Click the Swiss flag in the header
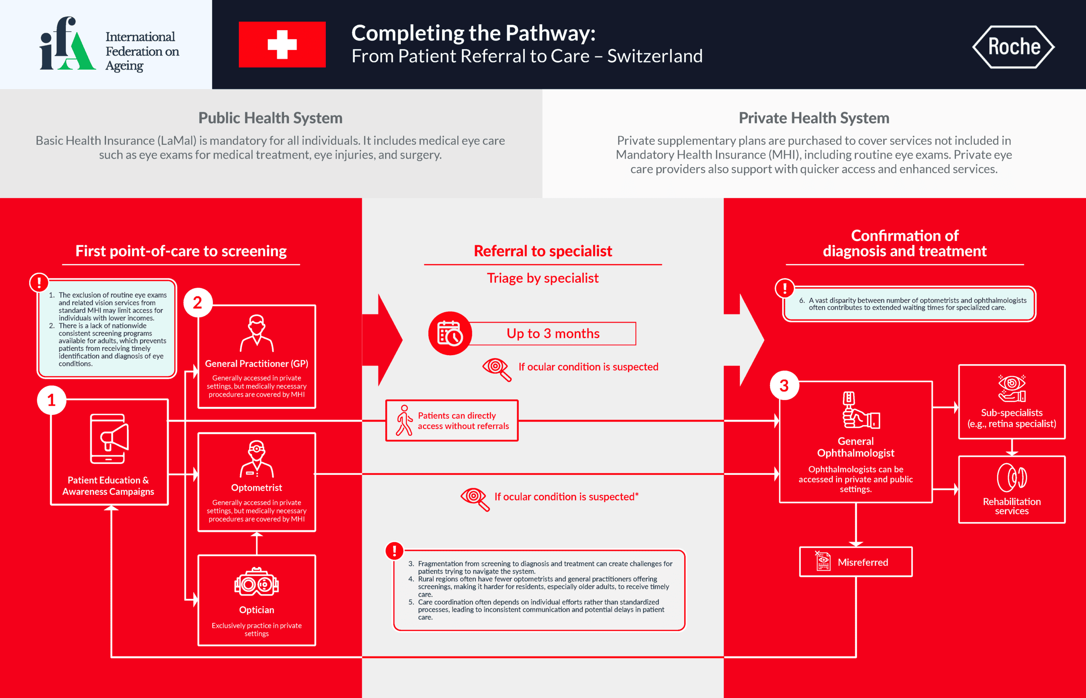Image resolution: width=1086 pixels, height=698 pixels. tap(282, 45)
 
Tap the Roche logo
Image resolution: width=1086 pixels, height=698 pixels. tap(1013, 47)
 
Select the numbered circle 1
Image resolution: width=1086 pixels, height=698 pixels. tap(52, 400)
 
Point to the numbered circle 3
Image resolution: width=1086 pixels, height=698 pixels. tap(784, 386)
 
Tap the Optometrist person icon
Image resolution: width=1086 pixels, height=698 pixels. tap(256, 459)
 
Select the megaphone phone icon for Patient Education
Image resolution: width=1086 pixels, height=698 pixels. tap(109, 439)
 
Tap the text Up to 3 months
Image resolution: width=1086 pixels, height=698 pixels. tap(553, 334)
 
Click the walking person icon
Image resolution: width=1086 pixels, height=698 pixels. tap(403, 420)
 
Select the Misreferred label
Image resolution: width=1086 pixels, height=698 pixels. tap(862, 562)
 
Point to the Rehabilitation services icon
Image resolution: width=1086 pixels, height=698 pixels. tap(1011, 477)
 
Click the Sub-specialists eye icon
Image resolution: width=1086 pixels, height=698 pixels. tap(1011, 388)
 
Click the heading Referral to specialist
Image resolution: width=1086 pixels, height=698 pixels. tap(542, 251)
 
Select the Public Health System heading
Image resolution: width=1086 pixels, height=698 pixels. tap(271, 118)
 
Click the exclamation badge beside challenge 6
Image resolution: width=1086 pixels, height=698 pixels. tap(785, 288)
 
